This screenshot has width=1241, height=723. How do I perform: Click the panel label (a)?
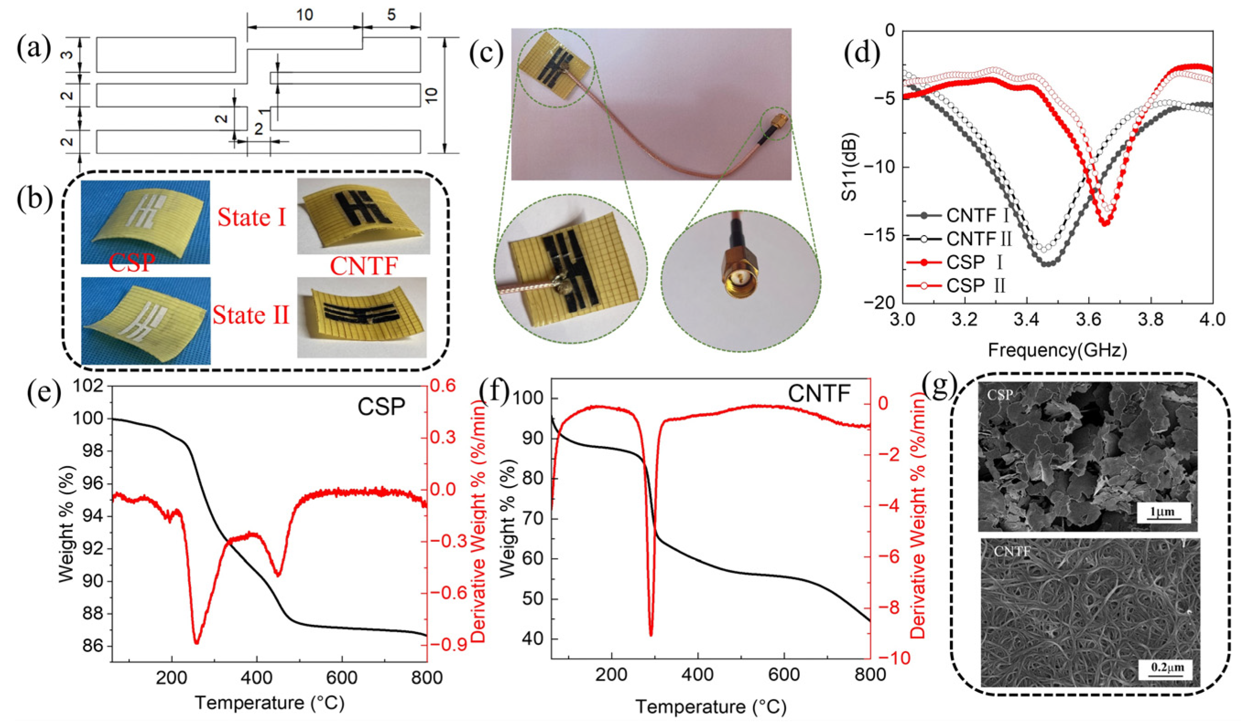tap(33, 50)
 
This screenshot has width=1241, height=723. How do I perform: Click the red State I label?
tap(252, 217)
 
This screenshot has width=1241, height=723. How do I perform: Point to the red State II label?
tap(251, 315)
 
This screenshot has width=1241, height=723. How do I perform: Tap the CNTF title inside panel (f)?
tap(819, 393)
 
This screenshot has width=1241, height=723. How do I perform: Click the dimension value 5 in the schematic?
tap(391, 15)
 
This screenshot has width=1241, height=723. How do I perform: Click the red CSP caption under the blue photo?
tap(131, 263)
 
